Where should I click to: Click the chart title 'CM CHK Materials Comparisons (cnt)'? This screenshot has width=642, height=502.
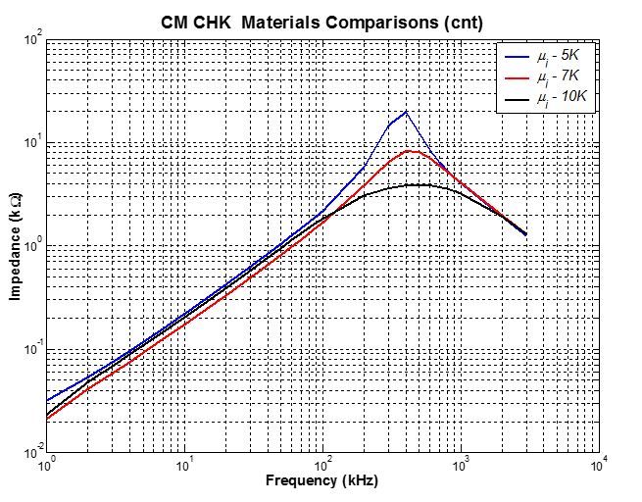click(x=321, y=22)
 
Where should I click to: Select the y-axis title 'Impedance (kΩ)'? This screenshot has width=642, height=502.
click(x=17, y=246)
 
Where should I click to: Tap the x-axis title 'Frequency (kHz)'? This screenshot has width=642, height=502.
click(x=321, y=481)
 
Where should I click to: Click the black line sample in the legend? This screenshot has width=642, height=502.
click(x=516, y=100)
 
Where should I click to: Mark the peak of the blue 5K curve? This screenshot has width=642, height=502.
click(x=405, y=111)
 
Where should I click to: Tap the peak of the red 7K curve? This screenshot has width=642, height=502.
click(x=412, y=151)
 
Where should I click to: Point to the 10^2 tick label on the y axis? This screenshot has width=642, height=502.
click(x=32, y=40)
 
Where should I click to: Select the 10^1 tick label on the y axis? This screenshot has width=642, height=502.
click(x=32, y=143)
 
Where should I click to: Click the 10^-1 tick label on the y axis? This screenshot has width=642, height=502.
click(x=31, y=349)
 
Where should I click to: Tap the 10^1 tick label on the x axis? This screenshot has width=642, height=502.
click(x=184, y=465)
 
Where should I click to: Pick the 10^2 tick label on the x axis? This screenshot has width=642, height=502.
click(x=321, y=465)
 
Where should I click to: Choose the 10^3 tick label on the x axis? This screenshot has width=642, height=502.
click(x=460, y=465)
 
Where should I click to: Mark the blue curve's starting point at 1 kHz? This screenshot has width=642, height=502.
click(x=47, y=400)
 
